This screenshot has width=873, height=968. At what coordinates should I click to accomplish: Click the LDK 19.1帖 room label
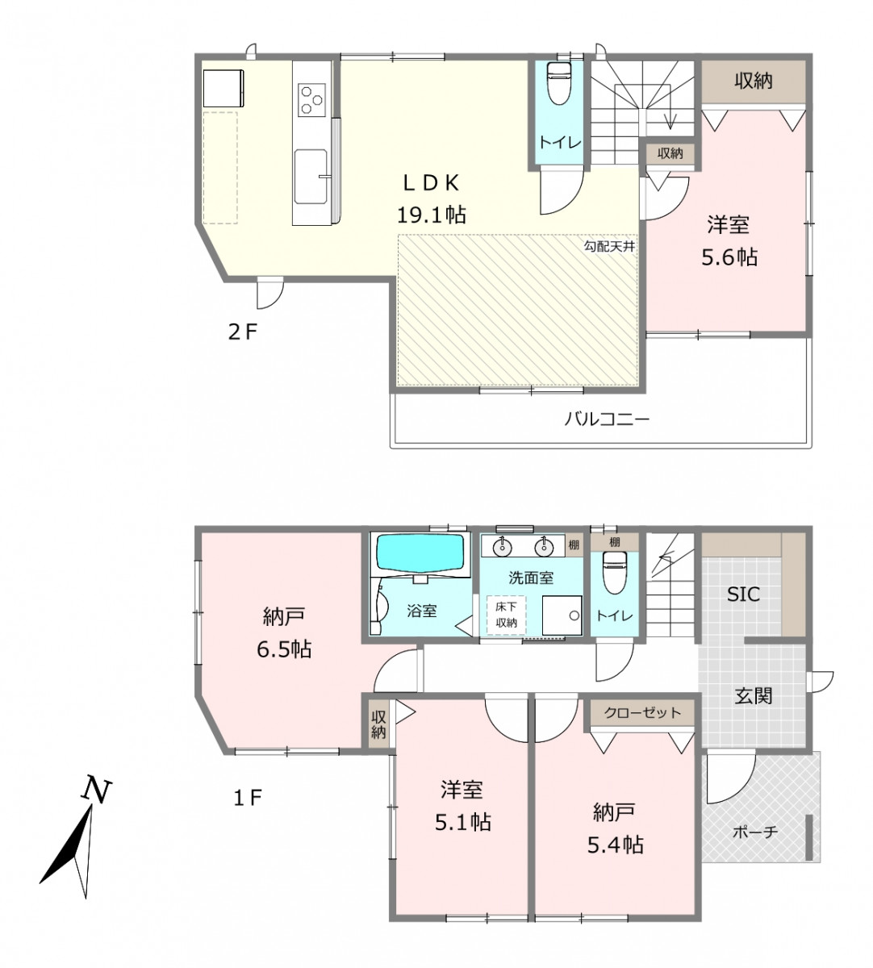(x=431, y=198)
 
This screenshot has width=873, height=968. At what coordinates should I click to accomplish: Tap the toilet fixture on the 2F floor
(x=559, y=82)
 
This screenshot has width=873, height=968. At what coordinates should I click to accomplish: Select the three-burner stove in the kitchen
(x=311, y=99)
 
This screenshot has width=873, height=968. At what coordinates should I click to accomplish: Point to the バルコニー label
(x=607, y=419)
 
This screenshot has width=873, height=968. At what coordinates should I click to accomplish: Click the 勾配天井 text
(x=609, y=247)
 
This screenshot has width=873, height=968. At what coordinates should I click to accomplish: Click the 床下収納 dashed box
(x=506, y=615)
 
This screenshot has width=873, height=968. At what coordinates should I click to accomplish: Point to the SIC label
(x=744, y=595)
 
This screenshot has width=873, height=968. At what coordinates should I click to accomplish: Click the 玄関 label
(x=754, y=696)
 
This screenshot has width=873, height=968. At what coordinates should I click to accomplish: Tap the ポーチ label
(x=755, y=832)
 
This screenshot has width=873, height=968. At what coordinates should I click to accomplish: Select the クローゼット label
(x=642, y=712)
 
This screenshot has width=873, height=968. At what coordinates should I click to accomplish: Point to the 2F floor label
(x=243, y=332)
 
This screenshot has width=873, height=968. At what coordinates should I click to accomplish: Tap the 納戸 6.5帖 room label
(x=284, y=633)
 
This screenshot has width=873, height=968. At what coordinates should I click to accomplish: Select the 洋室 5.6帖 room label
(x=729, y=241)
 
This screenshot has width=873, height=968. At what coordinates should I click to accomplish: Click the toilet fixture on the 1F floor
(x=614, y=573)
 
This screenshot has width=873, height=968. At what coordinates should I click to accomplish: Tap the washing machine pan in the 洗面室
(x=562, y=615)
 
